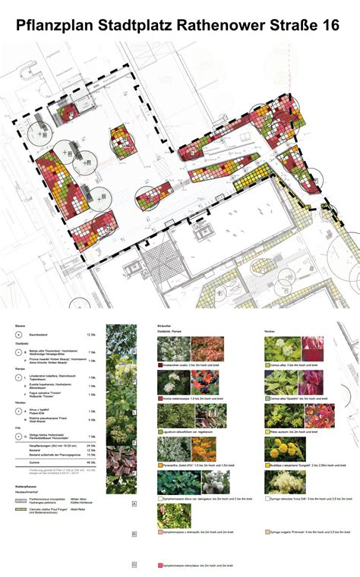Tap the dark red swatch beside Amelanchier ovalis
coord(159,364)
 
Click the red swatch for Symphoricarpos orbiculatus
coord(159,566)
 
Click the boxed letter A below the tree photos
coord(134,503)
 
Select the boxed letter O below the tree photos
coord(134,563)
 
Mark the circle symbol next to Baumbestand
coord(18,335)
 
